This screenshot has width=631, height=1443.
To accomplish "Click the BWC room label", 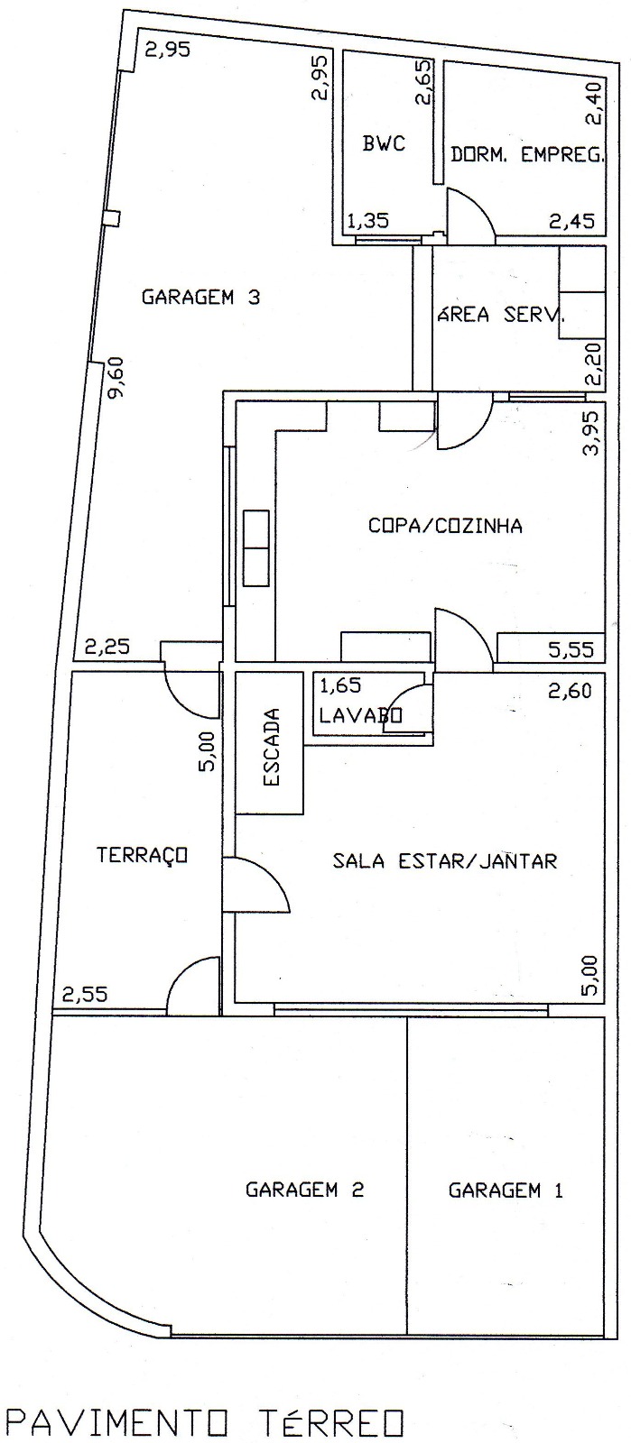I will coord(384,142).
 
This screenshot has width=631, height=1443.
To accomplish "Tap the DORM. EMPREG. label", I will coord(526,154).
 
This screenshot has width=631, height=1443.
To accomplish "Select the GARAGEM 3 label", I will coord(201,297).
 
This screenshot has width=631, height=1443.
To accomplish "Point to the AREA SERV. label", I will coord(501,315).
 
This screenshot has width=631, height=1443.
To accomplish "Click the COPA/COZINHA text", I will coord(445,526).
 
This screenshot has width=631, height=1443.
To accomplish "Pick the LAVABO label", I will coord(360,716).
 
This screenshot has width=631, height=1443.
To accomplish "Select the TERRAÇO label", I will coord(142,855).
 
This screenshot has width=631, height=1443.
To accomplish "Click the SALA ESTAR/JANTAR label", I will coord(445,860).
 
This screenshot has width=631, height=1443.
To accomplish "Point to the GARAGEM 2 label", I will coord(304,1190).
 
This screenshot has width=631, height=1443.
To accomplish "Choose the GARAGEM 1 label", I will coord(506,1190).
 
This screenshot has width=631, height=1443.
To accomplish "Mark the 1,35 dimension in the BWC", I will coord(367,219).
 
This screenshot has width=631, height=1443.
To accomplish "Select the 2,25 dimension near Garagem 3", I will coord(107,646).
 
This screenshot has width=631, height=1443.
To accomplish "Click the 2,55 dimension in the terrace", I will coord(85,995).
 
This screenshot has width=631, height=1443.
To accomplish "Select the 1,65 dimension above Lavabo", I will coord(340,685).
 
